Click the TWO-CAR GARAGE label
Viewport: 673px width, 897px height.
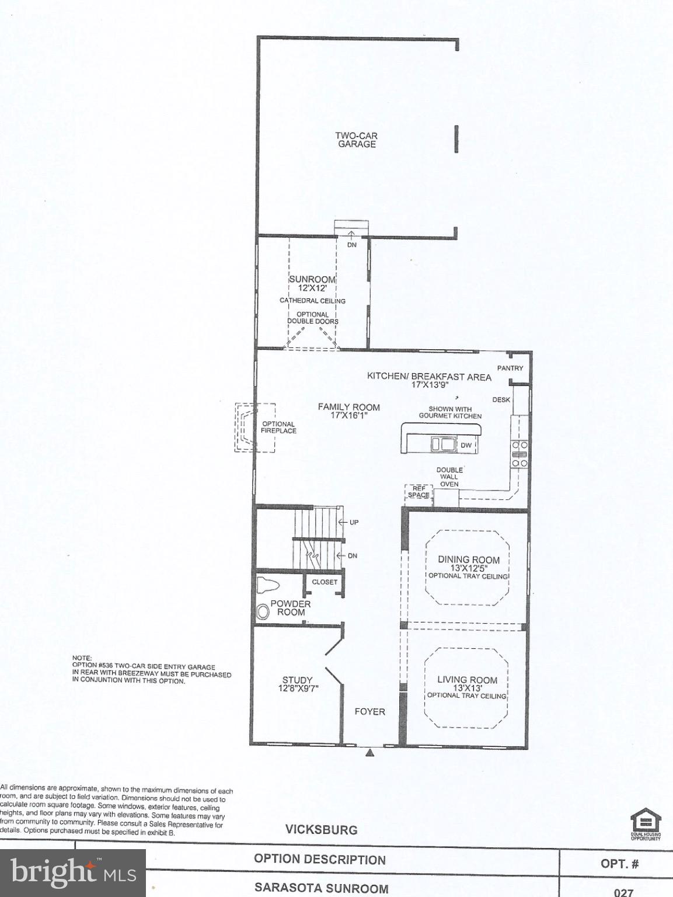[356, 140]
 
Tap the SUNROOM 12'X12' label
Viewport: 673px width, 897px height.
[312, 283]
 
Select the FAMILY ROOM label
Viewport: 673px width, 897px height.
[348, 411]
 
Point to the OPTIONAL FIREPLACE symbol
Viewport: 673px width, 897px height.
[254, 427]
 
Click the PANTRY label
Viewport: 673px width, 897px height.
[510, 368]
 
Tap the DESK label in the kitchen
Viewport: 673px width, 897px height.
[501, 400]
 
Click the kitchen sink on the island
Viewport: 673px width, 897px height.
[444, 444]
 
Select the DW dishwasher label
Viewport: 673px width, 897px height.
[466, 446]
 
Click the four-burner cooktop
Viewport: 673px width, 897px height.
[519, 454]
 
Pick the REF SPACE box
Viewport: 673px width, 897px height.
[419, 492]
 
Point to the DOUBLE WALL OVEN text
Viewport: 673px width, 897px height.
[449, 477]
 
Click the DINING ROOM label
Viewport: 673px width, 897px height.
[469, 564]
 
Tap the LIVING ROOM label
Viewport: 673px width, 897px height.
[467, 684]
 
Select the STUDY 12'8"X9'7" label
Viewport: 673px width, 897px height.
[298, 684]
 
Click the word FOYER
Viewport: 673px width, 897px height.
[369, 711]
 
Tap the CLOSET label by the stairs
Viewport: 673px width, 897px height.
[325, 582]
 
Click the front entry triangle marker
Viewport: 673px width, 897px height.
[369, 753]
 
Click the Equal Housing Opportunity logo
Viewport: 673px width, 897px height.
[645, 823]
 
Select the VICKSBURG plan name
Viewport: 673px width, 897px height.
[321, 829]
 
